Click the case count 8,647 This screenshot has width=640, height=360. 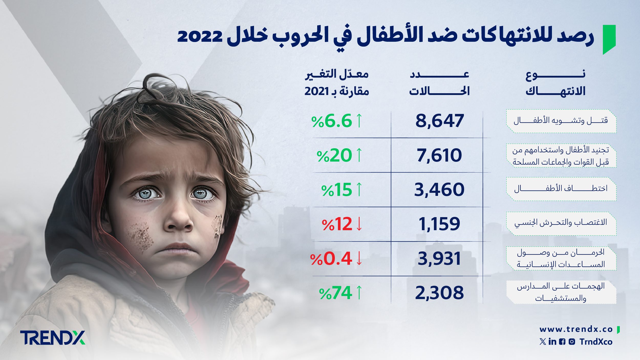point(439,121)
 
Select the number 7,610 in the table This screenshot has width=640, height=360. point(439,155)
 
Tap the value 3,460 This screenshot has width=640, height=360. point(439,189)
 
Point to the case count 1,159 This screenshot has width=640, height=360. point(439,224)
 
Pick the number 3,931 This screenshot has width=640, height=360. point(439,258)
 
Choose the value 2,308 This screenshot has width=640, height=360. point(439,293)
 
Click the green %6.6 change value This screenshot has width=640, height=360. point(332,121)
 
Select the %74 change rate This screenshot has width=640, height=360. point(336,293)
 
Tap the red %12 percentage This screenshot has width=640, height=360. point(337,224)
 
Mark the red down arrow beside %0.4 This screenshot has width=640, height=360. point(359,258)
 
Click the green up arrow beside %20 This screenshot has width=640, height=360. point(359,155)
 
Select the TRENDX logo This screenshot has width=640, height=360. point(53,337)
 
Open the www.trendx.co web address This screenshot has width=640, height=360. point(576,329)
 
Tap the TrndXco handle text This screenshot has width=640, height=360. point(596,342)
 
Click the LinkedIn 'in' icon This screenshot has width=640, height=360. point(552,342)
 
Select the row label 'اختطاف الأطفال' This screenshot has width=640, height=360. point(561,189)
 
